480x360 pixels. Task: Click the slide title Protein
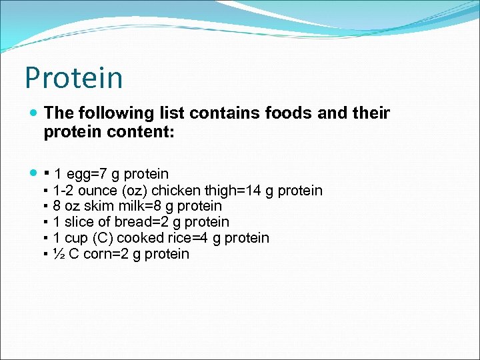click(74, 78)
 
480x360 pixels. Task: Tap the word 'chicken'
click(175, 191)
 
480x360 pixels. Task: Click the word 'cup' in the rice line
click(74, 238)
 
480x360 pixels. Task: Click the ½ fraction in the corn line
click(58, 254)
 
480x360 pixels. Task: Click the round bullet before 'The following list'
click(33, 114)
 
